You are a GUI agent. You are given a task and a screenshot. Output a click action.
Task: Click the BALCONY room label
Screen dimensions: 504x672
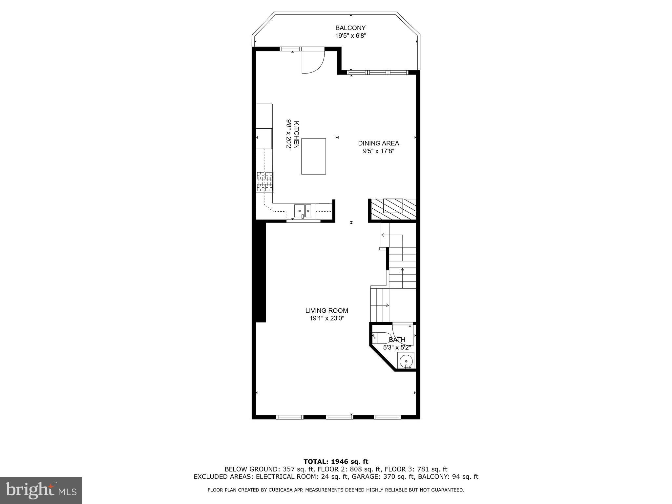point(350,28)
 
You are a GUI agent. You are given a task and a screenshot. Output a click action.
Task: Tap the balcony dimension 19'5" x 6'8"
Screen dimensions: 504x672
point(350,36)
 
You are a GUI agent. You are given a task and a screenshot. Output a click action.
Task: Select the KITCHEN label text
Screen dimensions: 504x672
point(296,135)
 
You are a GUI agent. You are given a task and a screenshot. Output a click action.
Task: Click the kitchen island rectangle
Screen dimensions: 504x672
point(313,156)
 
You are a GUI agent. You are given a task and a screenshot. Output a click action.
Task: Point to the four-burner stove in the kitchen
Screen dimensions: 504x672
point(265,181)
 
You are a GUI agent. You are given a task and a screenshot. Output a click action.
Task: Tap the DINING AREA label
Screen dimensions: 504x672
point(378,143)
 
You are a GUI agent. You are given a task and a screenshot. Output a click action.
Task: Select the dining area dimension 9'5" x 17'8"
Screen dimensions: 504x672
point(378,151)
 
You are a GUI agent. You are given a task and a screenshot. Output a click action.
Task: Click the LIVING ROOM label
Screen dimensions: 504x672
point(326,310)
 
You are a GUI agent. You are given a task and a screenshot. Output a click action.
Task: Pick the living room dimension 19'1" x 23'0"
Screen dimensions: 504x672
point(326,318)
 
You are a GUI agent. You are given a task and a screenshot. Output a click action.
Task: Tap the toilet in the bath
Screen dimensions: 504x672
point(380,338)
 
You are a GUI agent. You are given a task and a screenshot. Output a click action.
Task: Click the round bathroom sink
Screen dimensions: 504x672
point(406,361)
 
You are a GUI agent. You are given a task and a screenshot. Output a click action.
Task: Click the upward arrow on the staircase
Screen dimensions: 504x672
point(402,270)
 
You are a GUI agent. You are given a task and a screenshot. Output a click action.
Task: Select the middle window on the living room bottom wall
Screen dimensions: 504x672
point(339,417)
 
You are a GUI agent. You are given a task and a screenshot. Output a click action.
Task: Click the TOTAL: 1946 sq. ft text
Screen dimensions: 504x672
point(336,462)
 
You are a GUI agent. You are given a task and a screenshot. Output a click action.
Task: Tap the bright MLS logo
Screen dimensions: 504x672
point(41,490)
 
